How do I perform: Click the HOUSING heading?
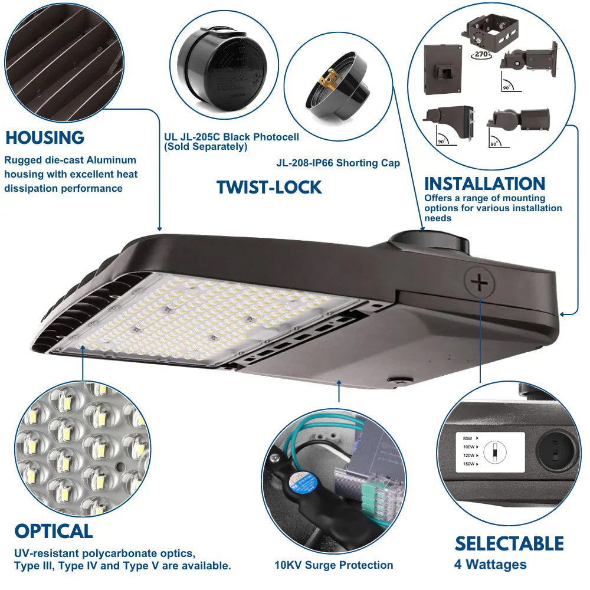[45, 138]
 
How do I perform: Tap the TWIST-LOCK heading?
[269, 187]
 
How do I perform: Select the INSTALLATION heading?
[484, 183]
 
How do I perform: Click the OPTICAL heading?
[54, 531]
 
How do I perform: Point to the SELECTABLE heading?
[509, 543]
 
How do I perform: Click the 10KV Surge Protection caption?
[333, 565]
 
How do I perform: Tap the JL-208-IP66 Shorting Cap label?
[338, 163]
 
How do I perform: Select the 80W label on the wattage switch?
[467, 438]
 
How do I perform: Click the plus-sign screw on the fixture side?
[479, 284]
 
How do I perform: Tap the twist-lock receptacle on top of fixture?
[429, 242]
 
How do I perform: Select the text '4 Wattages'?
[490, 565]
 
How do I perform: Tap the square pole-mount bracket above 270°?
[490, 33]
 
